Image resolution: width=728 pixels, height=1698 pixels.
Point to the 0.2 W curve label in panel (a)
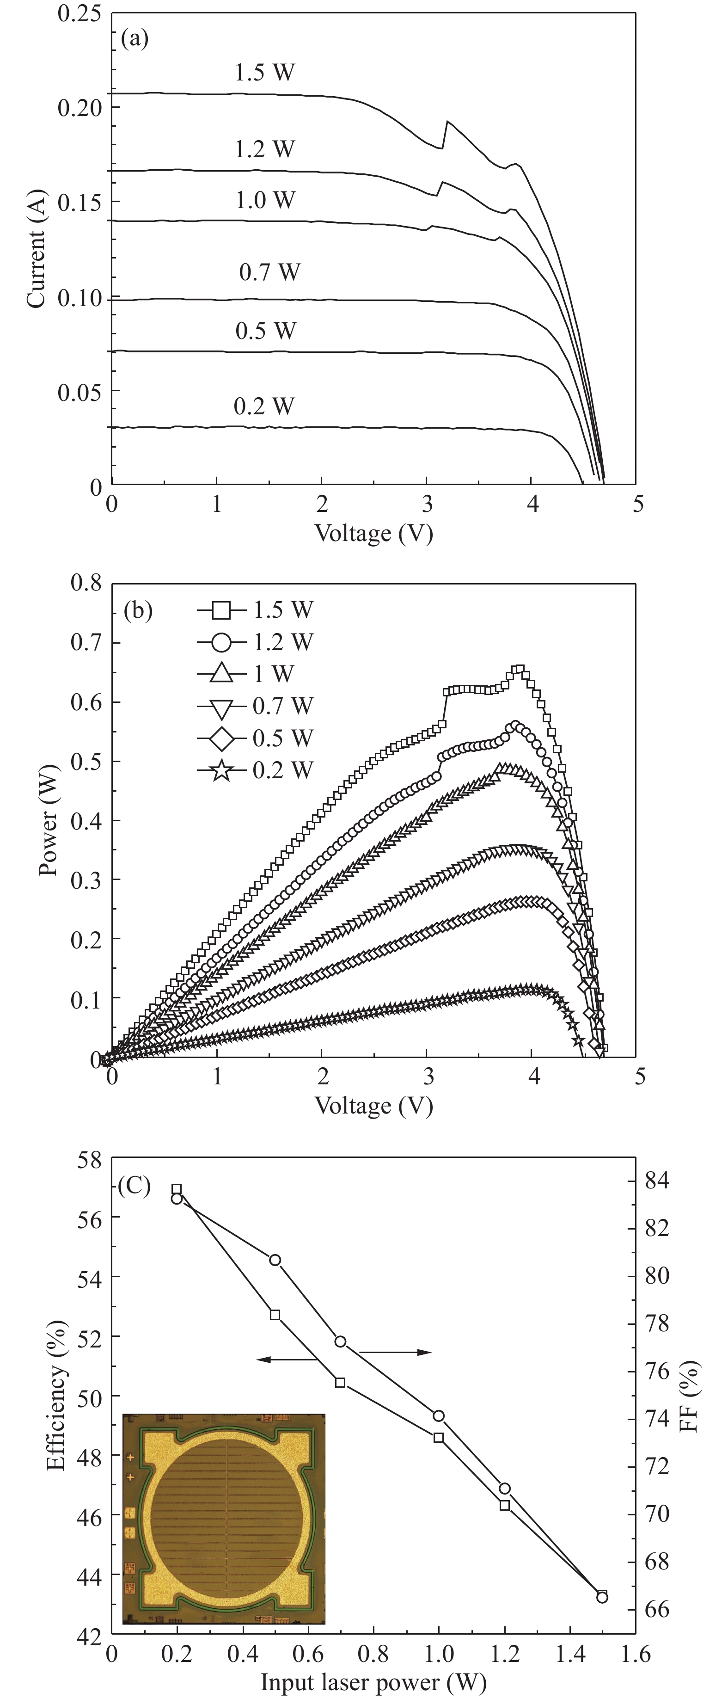click(264, 406)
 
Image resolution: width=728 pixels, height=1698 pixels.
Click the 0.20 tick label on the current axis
click(80, 107)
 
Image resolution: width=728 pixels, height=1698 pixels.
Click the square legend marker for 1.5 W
click(222, 610)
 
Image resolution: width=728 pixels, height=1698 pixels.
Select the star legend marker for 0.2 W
click(222, 770)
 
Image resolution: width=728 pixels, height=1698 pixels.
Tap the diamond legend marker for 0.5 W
click(222, 738)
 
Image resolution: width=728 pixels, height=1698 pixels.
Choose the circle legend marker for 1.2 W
click(222, 642)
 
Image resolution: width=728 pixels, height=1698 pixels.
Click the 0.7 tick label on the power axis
click(86, 643)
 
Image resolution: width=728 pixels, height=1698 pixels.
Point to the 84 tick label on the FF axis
click(662, 1181)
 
